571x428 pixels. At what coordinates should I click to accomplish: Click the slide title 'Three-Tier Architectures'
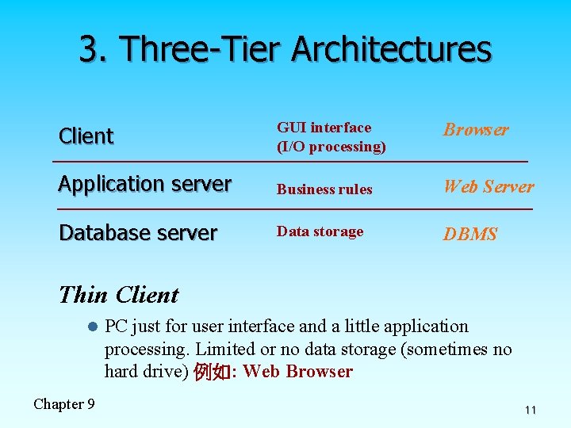pyautogui.click(x=308, y=48)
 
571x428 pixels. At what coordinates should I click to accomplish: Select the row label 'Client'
pyautogui.click(x=86, y=136)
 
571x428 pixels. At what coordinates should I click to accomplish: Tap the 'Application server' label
pyautogui.click(x=145, y=184)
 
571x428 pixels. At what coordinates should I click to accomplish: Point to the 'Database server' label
pyautogui.click(x=138, y=233)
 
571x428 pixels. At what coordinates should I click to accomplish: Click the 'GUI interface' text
pyautogui.click(x=324, y=128)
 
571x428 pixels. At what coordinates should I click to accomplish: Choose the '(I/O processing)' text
pyautogui.click(x=331, y=147)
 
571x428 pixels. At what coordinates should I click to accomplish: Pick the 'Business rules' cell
pyautogui.click(x=324, y=189)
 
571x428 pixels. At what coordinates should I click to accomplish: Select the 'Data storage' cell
pyautogui.click(x=320, y=231)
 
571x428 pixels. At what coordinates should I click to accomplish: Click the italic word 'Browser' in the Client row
pyautogui.click(x=476, y=130)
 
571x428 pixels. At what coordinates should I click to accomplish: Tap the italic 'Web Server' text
pyautogui.click(x=489, y=187)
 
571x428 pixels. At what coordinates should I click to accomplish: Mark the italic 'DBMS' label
pyautogui.click(x=470, y=235)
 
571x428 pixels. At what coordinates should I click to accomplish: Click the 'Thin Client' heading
pyautogui.click(x=119, y=295)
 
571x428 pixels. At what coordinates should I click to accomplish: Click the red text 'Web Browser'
pyautogui.click(x=298, y=372)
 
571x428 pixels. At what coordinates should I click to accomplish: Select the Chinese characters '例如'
pyautogui.click(x=209, y=373)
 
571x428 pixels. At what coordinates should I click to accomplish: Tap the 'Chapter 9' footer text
pyautogui.click(x=64, y=404)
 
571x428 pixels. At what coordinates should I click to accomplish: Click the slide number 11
pyautogui.click(x=531, y=411)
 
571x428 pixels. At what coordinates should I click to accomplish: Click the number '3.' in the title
pyautogui.click(x=97, y=48)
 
